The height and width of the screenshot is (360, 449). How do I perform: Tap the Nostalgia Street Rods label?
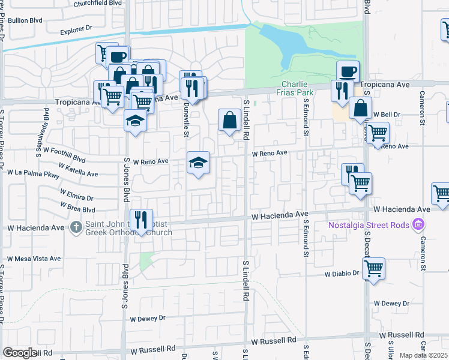[x=368, y=226]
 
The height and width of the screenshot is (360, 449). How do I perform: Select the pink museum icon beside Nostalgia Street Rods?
[x=419, y=226]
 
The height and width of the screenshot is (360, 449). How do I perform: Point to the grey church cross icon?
[x=76, y=227]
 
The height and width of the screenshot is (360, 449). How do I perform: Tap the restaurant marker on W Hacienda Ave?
[x=140, y=220]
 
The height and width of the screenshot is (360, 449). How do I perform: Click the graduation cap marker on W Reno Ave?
[x=198, y=162]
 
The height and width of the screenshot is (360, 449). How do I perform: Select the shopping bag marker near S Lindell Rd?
[x=229, y=120]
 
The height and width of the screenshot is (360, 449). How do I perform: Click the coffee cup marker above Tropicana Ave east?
[x=348, y=72]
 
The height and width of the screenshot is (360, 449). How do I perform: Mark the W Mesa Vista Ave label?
[x=34, y=259]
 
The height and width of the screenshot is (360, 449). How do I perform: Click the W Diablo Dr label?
[x=342, y=273]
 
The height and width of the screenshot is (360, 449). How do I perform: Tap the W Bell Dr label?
[x=387, y=114]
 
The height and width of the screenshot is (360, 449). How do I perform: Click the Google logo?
[x=20, y=353]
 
